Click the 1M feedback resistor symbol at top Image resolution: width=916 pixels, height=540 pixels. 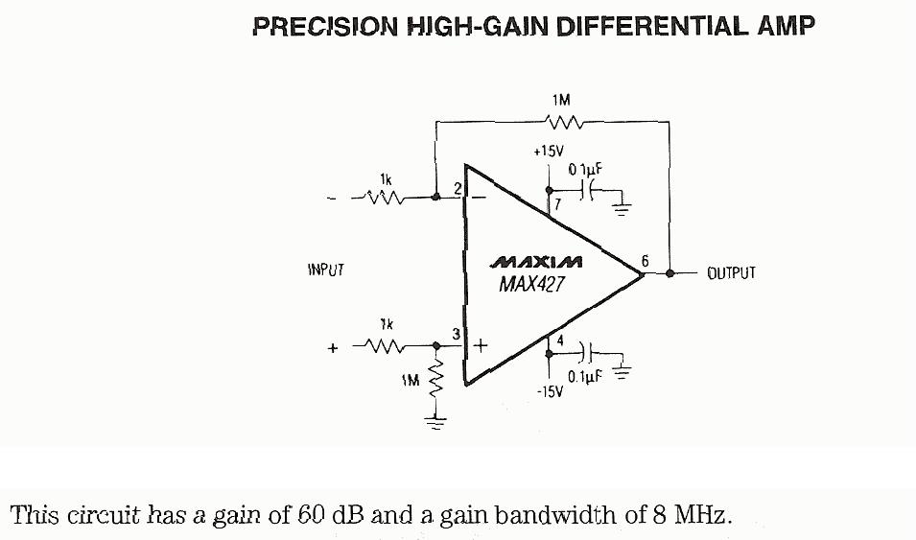point(561,122)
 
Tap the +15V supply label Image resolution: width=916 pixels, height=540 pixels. point(549,152)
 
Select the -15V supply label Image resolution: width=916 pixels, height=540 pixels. point(549,392)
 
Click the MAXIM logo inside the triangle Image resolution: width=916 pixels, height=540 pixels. point(536,262)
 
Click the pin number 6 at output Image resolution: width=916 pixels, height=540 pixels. point(645,260)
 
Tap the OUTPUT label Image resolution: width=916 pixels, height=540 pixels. point(731,273)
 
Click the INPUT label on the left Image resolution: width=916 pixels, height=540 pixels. point(325,270)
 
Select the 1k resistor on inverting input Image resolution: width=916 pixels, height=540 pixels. point(385,198)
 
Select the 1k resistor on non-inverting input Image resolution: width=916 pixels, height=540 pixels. point(386,346)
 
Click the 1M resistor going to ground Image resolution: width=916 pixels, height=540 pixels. point(438,381)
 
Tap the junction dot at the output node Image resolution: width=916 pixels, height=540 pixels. point(669,273)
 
